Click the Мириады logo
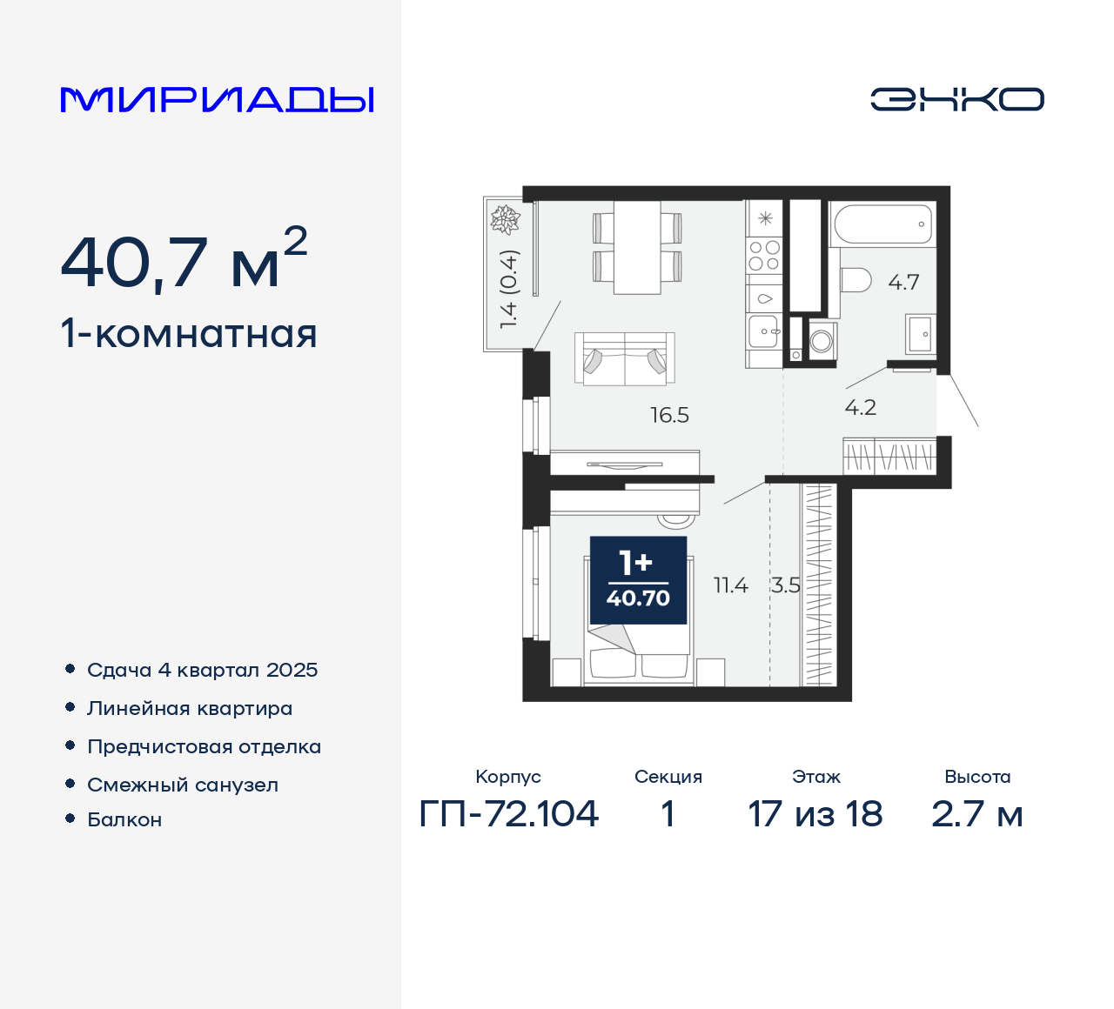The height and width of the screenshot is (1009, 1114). (x=217, y=100)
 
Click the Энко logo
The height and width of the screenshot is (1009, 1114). (x=956, y=99)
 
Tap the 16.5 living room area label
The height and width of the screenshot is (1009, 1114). (x=669, y=416)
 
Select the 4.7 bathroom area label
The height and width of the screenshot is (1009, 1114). (x=903, y=283)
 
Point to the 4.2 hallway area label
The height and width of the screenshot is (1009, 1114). (x=860, y=408)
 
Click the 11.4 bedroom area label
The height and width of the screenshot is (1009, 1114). (x=730, y=586)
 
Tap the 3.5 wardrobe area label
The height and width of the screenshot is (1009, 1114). (x=785, y=586)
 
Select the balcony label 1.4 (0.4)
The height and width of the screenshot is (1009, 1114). (x=508, y=289)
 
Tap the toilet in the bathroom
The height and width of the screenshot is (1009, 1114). (x=856, y=280)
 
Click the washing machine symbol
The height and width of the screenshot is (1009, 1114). (x=821, y=341)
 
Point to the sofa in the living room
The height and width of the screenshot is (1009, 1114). (x=624, y=358)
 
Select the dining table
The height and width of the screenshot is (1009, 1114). (x=637, y=248)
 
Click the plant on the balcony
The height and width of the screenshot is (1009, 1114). (x=505, y=219)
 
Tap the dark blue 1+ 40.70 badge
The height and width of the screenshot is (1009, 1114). (x=638, y=580)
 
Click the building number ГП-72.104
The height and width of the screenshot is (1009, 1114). (x=509, y=814)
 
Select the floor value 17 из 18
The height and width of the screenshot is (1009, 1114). (x=815, y=814)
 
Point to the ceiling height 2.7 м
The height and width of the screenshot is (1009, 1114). (x=976, y=814)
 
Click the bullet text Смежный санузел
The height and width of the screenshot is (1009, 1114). (x=183, y=785)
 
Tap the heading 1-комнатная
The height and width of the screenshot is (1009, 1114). (x=189, y=334)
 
